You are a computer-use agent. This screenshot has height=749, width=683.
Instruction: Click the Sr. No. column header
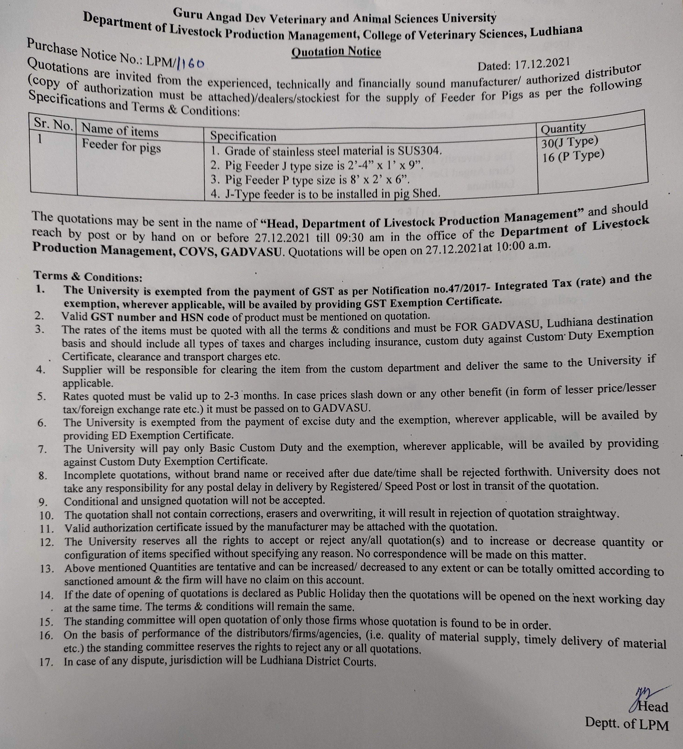pyautogui.click(x=53, y=123)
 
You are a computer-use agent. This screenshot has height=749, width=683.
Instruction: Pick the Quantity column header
pyautogui.click(x=563, y=128)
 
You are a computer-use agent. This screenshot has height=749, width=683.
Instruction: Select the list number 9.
pyautogui.click(x=43, y=503)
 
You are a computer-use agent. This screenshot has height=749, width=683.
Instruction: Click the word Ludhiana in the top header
pyautogui.click(x=555, y=32)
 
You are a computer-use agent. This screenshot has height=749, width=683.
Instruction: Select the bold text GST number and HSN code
pyautogui.click(x=161, y=317)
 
